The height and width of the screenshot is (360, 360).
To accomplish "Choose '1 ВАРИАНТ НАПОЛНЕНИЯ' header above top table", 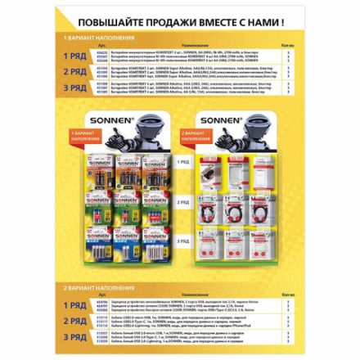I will tap(97, 38).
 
